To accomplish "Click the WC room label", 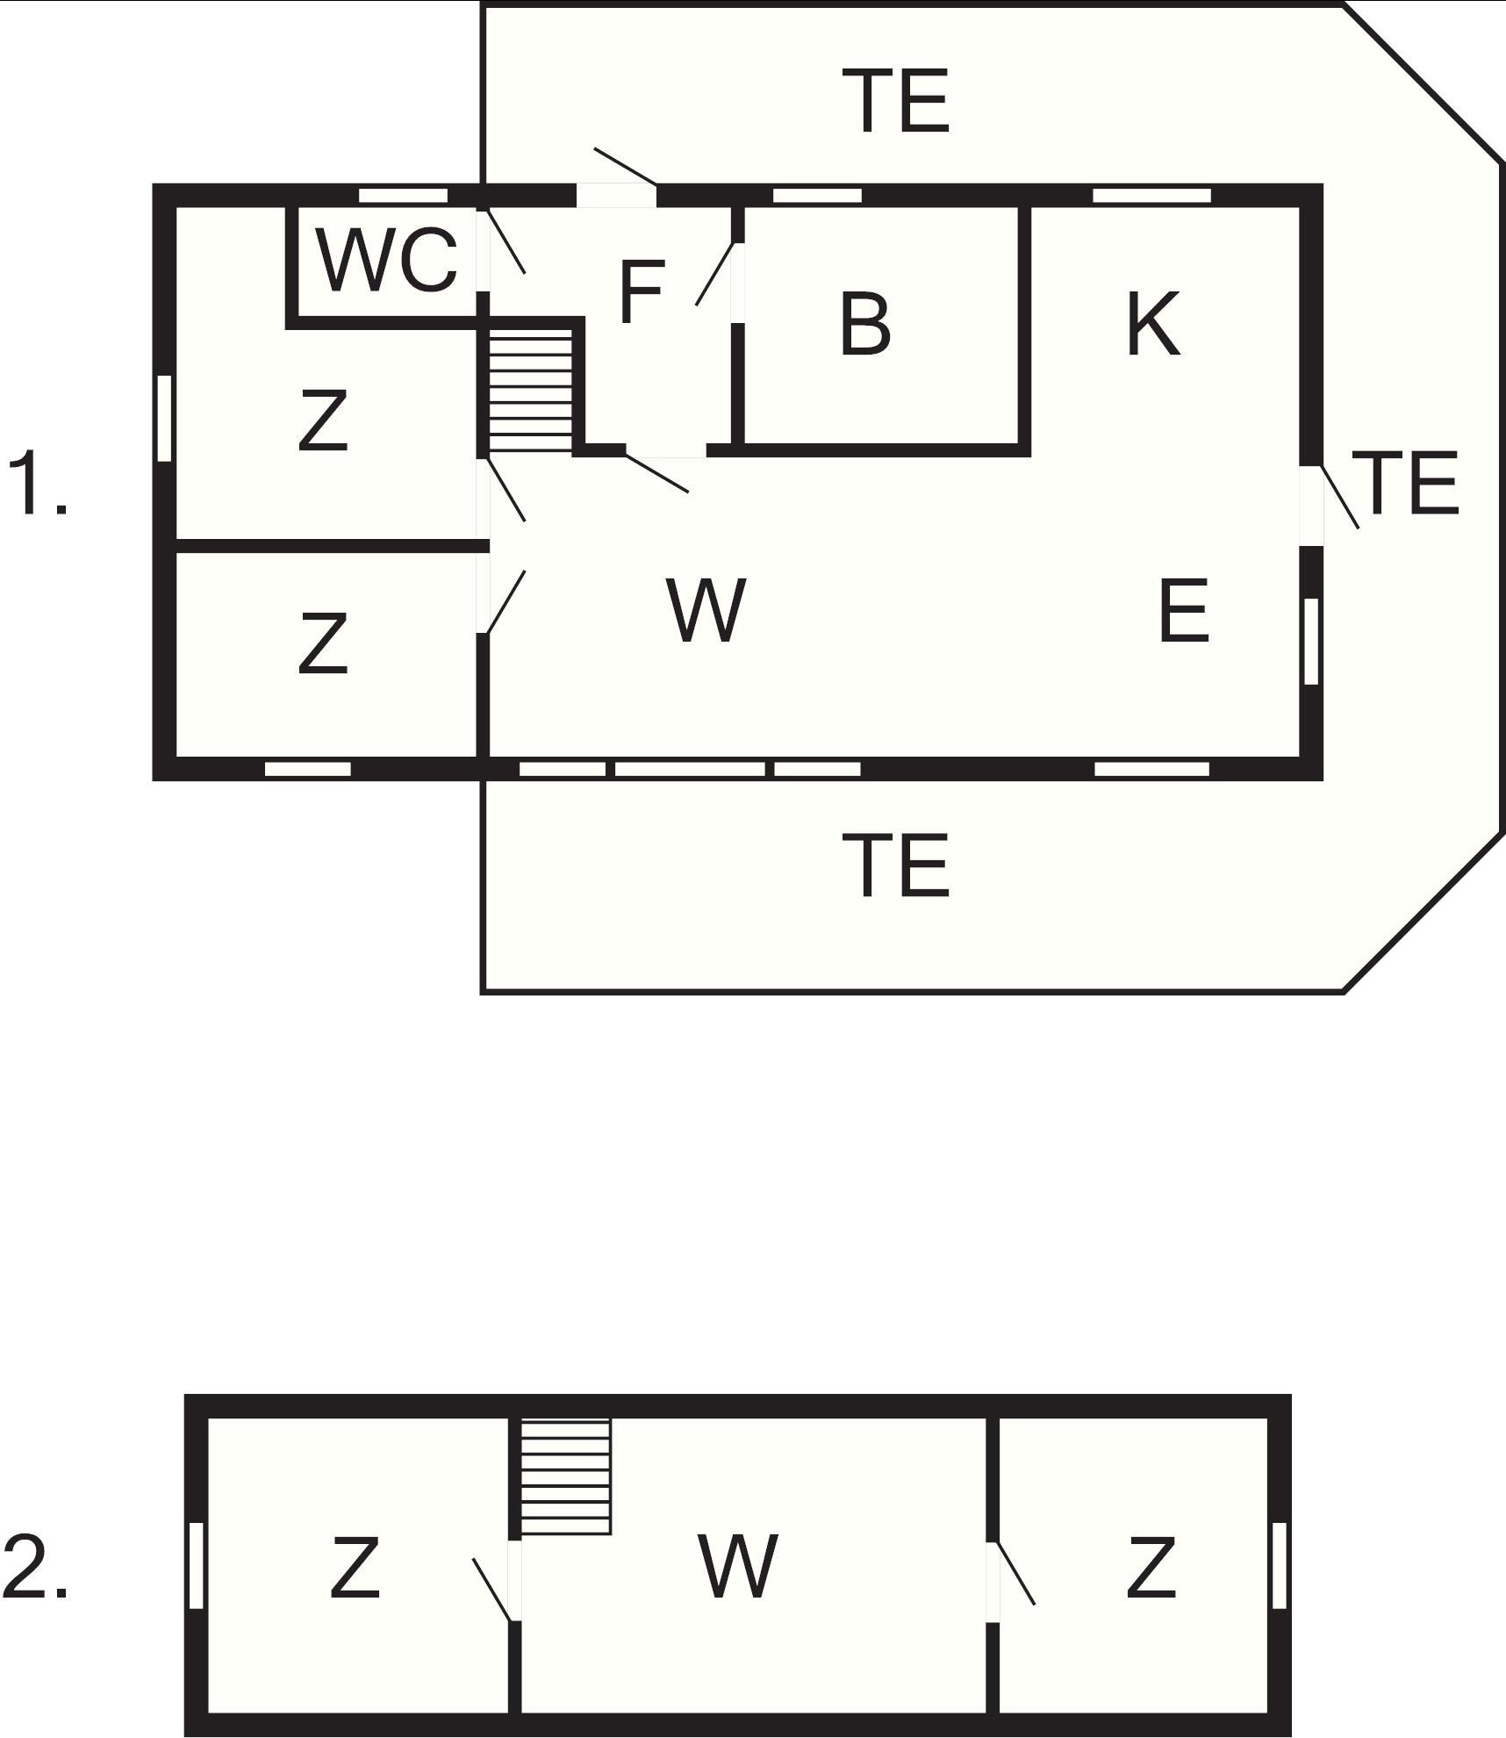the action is (x=387, y=260).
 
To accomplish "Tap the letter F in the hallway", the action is (x=641, y=291).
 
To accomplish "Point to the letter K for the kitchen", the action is (x=1153, y=323).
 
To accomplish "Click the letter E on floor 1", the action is (x=1184, y=610).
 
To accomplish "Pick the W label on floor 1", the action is (x=706, y=610).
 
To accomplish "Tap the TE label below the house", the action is (x=895, y=865).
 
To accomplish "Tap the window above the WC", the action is (x=404, y=195).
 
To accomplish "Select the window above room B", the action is (x=817, y=195).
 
